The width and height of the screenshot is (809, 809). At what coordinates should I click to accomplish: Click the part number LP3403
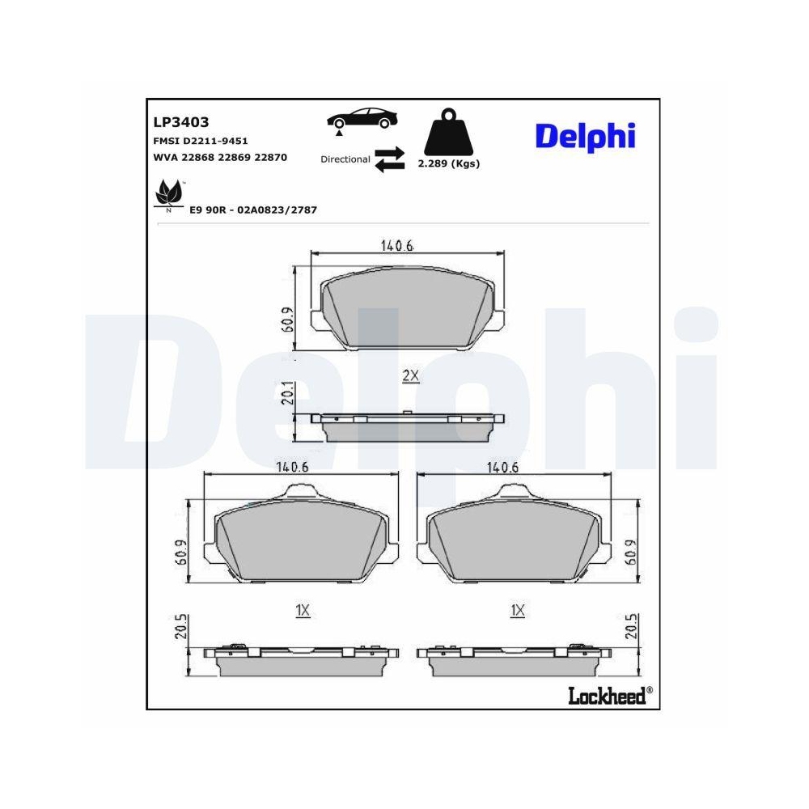coord(180,122)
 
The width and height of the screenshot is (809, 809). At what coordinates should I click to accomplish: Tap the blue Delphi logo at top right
coord(585,136)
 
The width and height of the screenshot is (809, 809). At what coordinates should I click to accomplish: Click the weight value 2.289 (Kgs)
coord(448,163)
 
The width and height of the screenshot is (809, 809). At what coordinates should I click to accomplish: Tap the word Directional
coord(345,159)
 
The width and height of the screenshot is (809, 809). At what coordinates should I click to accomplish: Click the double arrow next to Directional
coord(389,159)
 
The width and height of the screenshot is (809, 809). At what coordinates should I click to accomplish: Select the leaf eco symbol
coord(168,195)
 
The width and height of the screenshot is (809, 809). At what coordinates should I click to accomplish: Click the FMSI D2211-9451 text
coord(200,141)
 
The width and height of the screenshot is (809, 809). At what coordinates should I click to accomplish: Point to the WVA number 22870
coord(271,158)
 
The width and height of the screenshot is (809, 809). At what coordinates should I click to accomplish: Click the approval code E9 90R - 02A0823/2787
coord(252,210)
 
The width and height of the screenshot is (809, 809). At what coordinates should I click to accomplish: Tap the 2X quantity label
coord(410,376)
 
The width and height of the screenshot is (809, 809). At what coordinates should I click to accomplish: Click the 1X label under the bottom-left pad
coord(303,611)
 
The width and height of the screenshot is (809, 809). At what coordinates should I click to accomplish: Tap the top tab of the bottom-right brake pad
coord(516,491)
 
